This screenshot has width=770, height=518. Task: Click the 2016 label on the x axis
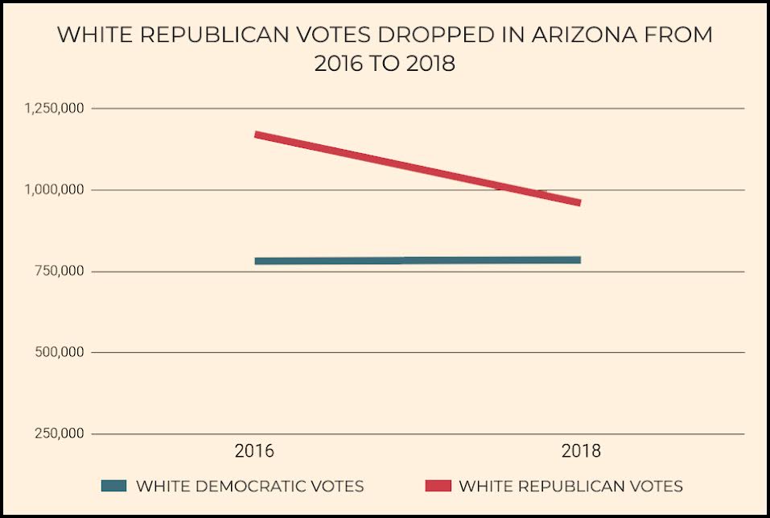coord(254,451)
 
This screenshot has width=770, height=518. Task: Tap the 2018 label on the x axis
coord(580,451)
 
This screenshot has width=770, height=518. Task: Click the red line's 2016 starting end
coord(257,135)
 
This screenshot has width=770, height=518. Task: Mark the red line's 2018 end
coord(579,202)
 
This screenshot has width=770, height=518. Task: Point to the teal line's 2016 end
coord(257,261)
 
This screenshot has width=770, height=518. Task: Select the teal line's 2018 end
coord(579,259)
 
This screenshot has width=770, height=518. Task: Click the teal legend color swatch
coord(114,486)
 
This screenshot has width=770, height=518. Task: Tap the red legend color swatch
coord(437,486)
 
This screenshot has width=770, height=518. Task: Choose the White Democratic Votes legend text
coord(249,486)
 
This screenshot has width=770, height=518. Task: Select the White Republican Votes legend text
coord(570,486)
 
